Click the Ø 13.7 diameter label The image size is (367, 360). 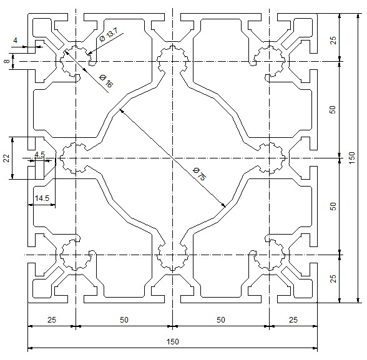[x=109, y=34]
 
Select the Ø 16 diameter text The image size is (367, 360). [x=106, y=81]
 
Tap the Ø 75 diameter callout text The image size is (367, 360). [x=200, y=174]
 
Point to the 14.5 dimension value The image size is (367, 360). [x=42, y=198]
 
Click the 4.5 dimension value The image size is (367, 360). [x=39, y=154]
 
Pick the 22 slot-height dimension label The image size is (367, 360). [x=6, y=158]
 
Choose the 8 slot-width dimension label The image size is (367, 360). [x=7, y=61]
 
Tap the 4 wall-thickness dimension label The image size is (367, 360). [x=15, y=41]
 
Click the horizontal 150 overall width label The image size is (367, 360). [x=172, y=341]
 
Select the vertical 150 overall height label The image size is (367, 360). [x=352, y=158]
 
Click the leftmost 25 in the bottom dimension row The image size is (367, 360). [x=52, y=319]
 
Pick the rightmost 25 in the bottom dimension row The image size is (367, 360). [x=293, y=319]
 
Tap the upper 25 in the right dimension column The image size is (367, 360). [x=333, y=40]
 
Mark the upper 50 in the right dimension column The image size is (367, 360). [x=333, y=109]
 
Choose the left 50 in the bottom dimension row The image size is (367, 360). [x=124, y=319]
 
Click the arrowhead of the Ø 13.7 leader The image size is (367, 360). [x=89, y=54]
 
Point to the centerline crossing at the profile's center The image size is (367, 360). [x=172, y=158]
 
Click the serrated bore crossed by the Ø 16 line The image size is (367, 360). [x=76, y=61]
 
